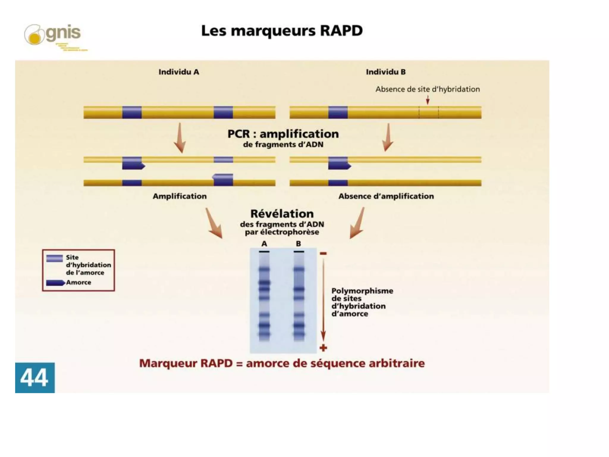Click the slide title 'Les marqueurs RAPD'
tap(282, 31)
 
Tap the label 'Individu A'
tap(179, 72)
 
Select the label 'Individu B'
tap(385, 72)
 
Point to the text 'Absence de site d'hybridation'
tap(427, 89)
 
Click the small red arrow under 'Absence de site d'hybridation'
tap(428, 100)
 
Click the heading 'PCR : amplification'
tap(283, 134)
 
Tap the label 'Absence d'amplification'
tap(386, 196)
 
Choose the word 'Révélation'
tap(282, 214)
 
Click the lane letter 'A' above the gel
tap(264, 244)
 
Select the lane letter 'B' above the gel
tap(299, 244)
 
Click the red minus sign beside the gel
tap(323, 253)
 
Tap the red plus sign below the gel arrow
tap(323, 348)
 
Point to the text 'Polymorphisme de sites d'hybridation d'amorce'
tap(362, 302)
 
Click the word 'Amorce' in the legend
tap(79, 282)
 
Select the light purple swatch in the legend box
tap(54, 258)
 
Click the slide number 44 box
tap(35, 378)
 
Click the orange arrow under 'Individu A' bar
tap(180, 138)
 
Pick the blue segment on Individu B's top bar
tap(338, 112)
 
